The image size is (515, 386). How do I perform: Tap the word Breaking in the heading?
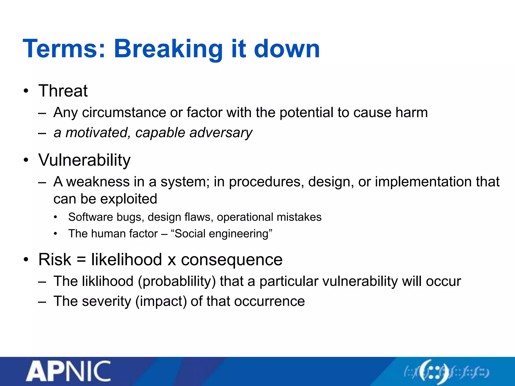[x=168, y=49]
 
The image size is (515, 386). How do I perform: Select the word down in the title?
[x=287, y=49]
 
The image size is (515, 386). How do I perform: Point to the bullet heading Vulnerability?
[x=84, y=160]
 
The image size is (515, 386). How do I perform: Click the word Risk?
[x=55, y=259]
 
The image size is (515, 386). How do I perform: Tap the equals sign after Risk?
[x=81, y=260]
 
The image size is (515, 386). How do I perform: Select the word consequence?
[x=232, y=260]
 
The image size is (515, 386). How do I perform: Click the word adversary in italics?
[x=221, y=132]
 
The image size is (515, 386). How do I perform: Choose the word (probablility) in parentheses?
[x=177, y=281]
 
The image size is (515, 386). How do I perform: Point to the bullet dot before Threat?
[x=26, y=91]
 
